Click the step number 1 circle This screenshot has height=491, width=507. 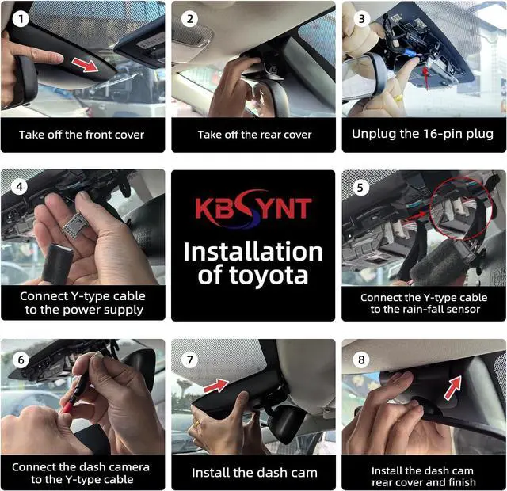coord(21,19)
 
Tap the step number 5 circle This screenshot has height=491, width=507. coord(360,188)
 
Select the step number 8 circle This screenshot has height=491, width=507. coord(361,360)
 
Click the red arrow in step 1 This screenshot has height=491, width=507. coord(85,65)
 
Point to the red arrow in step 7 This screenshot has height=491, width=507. coord(216,386)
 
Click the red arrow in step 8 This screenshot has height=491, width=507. coord(452,387)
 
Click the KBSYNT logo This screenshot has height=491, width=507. coord(253,208)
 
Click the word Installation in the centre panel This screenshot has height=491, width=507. coord(253,252)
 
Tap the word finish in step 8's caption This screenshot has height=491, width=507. coord(462,482)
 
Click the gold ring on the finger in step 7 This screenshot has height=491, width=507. coord(197,423)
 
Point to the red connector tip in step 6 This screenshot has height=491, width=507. coord(68,406)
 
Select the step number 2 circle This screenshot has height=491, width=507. coord(189,19)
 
